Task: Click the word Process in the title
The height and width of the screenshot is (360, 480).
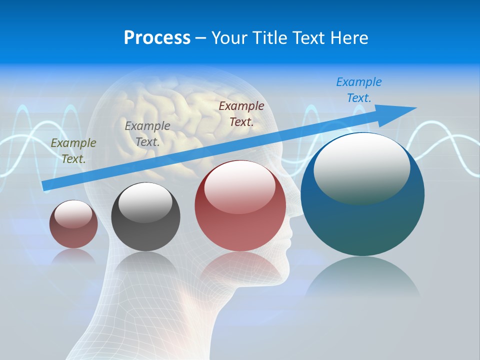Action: (x=157, y=38)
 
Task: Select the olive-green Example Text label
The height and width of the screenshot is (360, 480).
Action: (x=73, y=151)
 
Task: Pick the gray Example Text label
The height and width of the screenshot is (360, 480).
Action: (x=147, y=133)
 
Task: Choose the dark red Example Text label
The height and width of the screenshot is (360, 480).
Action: (x=241, y=113)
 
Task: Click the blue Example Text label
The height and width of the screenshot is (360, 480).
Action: (x=359, y=90)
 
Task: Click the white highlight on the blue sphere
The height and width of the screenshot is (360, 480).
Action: (x=362, y=167)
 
